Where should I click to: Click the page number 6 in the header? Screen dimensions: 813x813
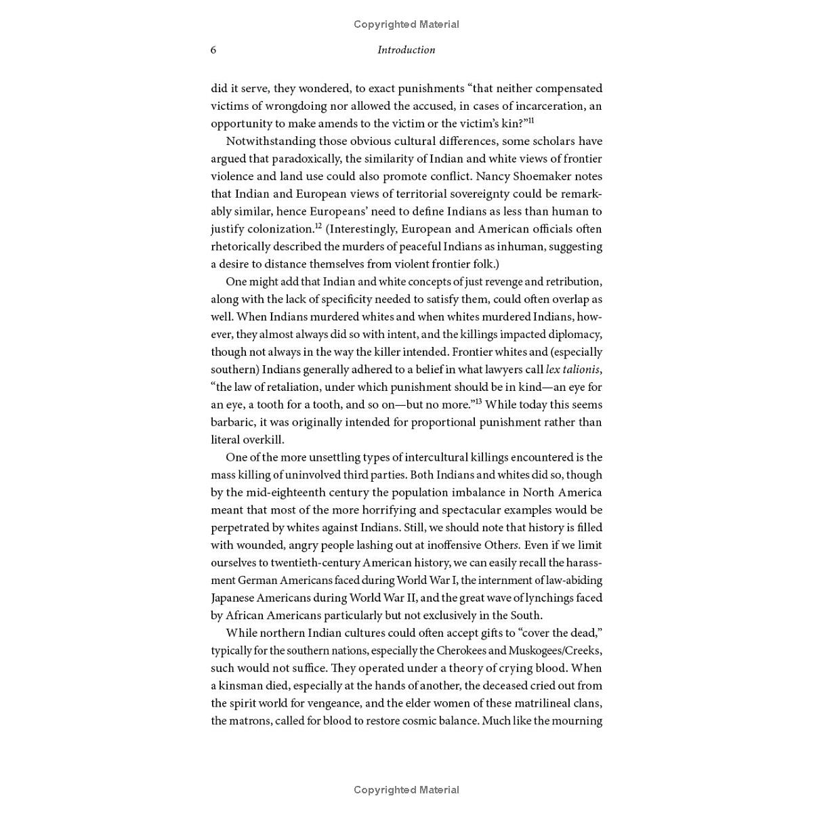tap(213, 50)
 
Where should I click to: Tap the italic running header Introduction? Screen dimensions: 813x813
tap(406, 50)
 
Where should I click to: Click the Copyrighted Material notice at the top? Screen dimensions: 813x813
tap(406, 24)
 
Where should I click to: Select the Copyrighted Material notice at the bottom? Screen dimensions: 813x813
tap(406, 789)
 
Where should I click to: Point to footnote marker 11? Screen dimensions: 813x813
tap(531, 121)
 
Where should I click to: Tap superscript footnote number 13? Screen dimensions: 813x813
tap(478, 402)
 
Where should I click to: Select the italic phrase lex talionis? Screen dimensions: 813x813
tap(572, 369)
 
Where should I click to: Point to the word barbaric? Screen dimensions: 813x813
tap(232, 422)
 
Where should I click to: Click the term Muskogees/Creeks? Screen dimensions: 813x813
tap(560, 650)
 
